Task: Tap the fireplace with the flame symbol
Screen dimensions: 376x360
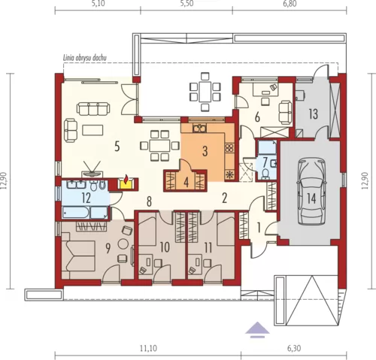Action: point(126,183)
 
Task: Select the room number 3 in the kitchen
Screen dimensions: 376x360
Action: point(205,151)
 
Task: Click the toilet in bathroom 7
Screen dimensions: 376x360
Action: point(265,174)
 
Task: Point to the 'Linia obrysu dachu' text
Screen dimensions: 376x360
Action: point(85,59)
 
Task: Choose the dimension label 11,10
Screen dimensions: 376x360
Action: point(150,348)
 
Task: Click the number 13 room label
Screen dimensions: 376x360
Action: point(314,114)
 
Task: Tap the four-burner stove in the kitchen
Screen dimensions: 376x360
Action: point(229,148)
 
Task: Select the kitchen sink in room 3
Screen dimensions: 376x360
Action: point(199,129)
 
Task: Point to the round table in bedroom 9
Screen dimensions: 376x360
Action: point(123,244)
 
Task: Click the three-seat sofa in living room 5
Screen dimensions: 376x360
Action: point(93,109)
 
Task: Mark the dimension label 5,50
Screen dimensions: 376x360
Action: point(186,4)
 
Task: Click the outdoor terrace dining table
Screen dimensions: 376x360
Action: point(205,92)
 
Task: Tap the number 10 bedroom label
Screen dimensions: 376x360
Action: point(165,247)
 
